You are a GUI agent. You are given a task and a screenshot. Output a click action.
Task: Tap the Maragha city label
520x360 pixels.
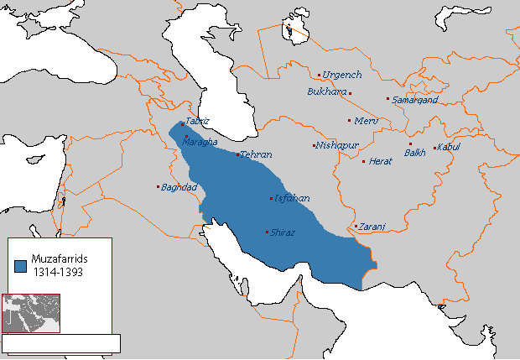pyautogui.click(x=201, y=142)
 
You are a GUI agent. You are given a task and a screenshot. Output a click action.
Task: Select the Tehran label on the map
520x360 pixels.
pyautogui.click(x=256, y=155)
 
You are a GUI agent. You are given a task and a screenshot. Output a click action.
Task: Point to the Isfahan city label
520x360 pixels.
pyautogui.click(x=291, y=199)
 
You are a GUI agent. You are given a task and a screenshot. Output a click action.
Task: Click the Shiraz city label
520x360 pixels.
pyautogui.click(x=283, y=232)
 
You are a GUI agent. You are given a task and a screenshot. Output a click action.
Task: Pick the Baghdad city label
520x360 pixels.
pyautogui.click(x=179, y=186)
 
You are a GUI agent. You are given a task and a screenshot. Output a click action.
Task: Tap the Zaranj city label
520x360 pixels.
pyautogui.click(x=370, y=227)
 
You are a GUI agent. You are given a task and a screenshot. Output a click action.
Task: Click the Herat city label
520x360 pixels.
pyautogui.click(x=381, y=160)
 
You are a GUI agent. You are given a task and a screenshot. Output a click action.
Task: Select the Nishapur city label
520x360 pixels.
pyautogui.click(x=338, y=145)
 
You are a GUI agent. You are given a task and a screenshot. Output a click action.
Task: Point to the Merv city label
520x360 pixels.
pyautogui.click(x=367, y=121)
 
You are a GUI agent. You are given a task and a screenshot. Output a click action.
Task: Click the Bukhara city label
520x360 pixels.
pyautogui.click(x=327, y=91)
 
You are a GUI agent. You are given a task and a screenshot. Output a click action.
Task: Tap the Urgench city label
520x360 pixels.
pyautogui.click(x=341, y=75)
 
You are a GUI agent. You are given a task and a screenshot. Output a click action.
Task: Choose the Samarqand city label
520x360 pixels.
pyautogui.click(x=415, y=100)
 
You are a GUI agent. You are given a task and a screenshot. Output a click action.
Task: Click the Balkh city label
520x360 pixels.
pyautogui.click(x=415, y=153)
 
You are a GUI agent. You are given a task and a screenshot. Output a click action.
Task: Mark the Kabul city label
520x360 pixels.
pyautogui.click(x=449, y=149)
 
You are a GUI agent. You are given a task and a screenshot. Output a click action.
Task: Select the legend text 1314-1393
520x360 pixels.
pyautogui.click(x=59, y=274)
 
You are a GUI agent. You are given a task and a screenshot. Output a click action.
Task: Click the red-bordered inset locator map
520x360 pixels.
pyautogui.click(x=31, y=313)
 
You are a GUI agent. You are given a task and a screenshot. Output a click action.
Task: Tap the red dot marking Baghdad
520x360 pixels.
pyautogui.click(x=158, y=186)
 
